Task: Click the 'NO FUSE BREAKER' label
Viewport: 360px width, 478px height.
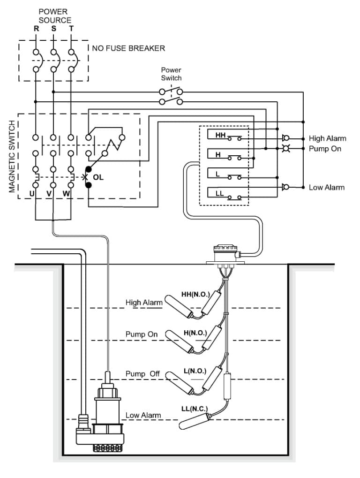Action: [x=132, y=48]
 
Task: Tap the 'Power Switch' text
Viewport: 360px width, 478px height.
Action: [x=171, y=74]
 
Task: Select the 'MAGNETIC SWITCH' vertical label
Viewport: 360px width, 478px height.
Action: [x=13, y=156]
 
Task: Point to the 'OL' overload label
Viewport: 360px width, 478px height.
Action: [x=98, y=178]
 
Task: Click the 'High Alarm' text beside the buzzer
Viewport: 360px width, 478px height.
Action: [x=327, y=138]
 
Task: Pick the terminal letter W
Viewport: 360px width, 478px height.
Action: [x=66, y=193]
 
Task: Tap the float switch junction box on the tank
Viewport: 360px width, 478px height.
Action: [x=225, y=253]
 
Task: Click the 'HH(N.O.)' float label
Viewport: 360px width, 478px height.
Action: [x=195, y=295]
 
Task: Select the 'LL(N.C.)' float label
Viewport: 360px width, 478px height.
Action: [x=194, y=409]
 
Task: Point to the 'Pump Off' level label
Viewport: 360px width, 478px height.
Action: [x=142, y=374]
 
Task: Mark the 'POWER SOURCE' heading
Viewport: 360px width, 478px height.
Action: [x=55, y=15]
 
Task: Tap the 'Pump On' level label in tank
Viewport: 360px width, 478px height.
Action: [x=142, y=334]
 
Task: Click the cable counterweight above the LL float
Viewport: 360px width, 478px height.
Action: [x=228, y=385]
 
